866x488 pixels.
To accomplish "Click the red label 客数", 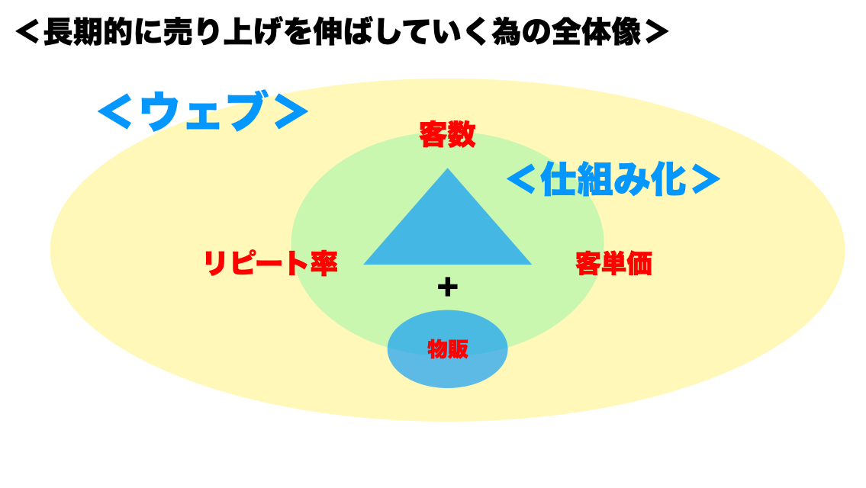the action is point(447,135).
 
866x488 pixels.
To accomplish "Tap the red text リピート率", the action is point(271,263).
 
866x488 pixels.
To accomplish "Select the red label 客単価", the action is point(613,263).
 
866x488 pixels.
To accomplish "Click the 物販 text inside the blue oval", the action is point(448,349).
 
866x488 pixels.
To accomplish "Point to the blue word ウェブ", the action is point(202,111).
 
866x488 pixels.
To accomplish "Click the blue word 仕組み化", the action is point(613,179).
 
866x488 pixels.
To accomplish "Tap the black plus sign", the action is point(447,287).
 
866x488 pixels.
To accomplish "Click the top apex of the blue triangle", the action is point(447,169).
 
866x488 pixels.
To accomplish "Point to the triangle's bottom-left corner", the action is point(364,264).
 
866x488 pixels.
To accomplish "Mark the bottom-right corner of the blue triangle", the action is point(531,264).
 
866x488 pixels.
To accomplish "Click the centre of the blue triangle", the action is point(447,232).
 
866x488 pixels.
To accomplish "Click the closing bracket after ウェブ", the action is point(291,111).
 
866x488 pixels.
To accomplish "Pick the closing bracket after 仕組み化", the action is point(705,179).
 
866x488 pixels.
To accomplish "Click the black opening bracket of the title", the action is point(27,32).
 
